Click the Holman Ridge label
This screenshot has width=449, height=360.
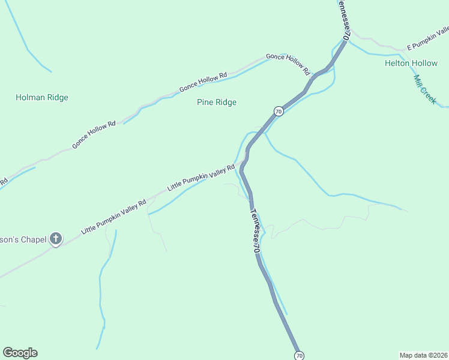42,97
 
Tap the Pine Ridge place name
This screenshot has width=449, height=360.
217,102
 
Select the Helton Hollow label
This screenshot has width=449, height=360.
411,63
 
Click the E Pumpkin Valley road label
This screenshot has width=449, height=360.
427,39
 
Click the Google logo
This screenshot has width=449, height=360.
20,353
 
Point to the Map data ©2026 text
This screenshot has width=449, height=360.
423,355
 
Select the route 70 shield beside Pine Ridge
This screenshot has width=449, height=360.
278,111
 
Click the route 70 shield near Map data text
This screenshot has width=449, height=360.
300,356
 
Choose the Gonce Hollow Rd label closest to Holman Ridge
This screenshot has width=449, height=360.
94,135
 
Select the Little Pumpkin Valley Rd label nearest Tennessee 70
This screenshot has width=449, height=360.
200,178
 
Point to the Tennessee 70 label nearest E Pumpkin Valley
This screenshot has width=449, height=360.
342,20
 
